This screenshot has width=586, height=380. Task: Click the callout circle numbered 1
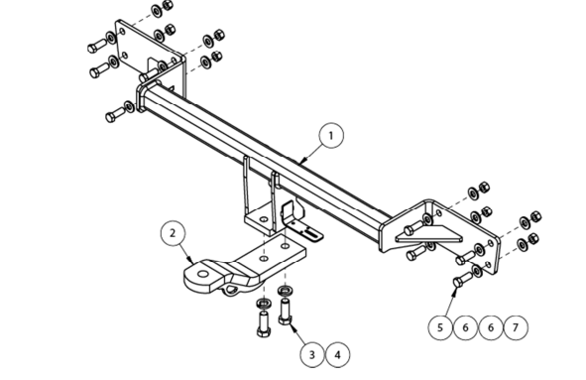pos(331,135)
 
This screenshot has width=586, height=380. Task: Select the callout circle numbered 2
pos(173,233)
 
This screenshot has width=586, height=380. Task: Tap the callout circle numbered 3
pos(312,354)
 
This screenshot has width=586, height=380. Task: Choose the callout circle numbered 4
pos(338,354)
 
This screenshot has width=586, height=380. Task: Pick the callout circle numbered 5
pos(440,327)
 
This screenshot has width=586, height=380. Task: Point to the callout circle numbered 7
pos(516,327)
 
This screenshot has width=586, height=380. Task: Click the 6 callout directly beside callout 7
pos(491,327)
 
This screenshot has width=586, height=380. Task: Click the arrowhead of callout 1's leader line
pos(302,161)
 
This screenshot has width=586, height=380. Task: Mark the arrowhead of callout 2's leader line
pos(191,260)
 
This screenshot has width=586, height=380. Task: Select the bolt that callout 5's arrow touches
pos(463,279)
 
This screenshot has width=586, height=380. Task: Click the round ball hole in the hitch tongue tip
pos(203,275)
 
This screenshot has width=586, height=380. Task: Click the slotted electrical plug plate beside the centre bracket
pos(302,223)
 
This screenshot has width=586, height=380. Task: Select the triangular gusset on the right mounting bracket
pos(429,234)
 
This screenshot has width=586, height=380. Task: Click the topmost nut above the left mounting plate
pos(168,5)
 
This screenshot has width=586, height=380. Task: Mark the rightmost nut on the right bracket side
pos(535,216)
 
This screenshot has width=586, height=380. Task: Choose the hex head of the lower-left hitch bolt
pos(263,331)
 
